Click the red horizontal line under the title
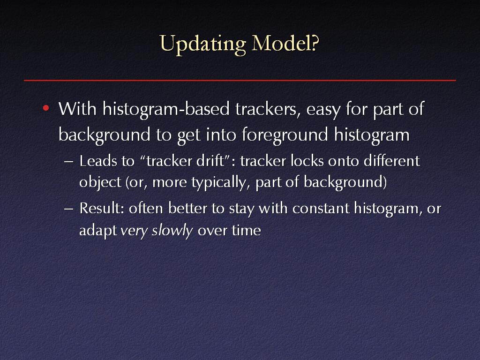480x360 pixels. (x=240, y=81)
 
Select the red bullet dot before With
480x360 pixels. (x=46, y=108)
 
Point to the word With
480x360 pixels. (x=77, y=108)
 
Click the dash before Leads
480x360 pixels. (x=69, y=162)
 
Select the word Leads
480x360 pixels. (x=98, y=161)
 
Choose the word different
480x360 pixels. (x=392, y=161)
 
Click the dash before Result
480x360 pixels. (x=69, y=209)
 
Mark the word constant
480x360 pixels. (x=321, y=209)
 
